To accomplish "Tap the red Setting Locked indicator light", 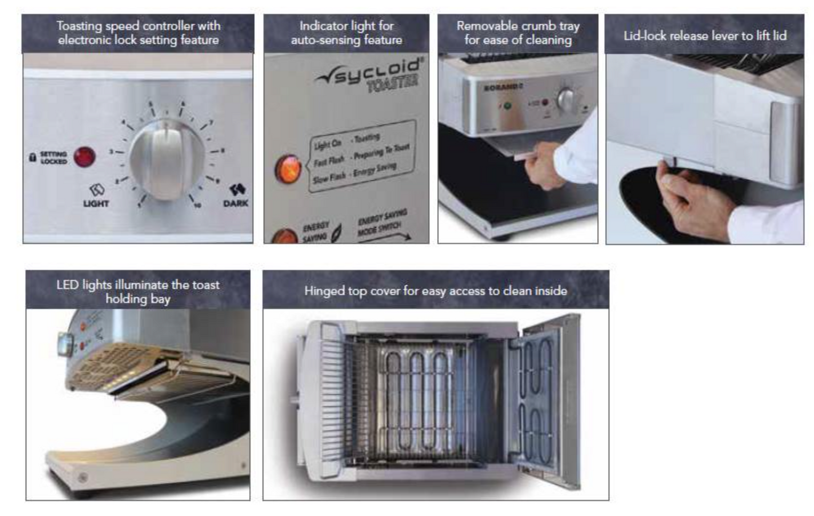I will (x=84, y=157).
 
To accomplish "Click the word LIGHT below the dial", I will (x=96, y=203).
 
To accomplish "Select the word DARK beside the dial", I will (x=235, y=203).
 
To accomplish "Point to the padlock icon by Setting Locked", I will (x=33, y=157).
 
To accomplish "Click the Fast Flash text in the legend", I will (x=328, y=161).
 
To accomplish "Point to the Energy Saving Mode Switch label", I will (x=381, y=224).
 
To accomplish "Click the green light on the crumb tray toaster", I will (x=507, y=105).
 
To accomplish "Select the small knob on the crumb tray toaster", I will (x=566, y=100).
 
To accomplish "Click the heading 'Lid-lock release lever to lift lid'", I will (x=704, y=35).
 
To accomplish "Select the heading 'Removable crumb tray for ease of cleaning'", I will (x=518, y=33).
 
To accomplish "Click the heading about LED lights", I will (x=137, y=291).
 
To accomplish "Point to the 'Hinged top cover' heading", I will (x=435, y=291).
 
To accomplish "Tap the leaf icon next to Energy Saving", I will (x=336, y=233).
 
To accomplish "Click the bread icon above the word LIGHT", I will (x=96, y=190).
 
